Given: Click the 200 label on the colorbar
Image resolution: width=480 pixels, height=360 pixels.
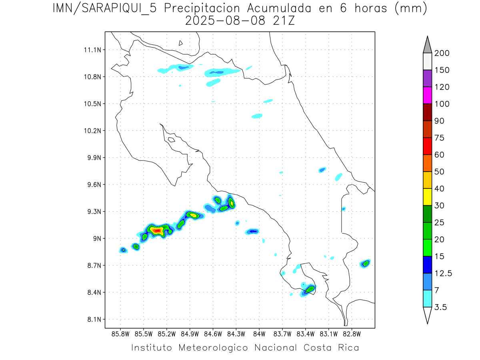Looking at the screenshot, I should (x=442, y=53).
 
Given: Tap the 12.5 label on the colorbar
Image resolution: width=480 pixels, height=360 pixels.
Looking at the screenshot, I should (x=443, y=273).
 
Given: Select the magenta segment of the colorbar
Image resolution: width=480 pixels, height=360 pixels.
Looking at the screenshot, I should (x=427, y=95).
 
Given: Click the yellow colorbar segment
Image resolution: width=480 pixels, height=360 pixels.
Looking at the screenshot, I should (x=427, y=197).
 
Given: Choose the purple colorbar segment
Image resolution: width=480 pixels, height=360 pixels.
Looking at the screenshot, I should (x=427, y=78).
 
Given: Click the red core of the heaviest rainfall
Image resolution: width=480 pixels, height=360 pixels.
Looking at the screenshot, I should (x=156, y=230).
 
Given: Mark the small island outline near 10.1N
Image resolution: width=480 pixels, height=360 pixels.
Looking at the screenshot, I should (x=171, y=140).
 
